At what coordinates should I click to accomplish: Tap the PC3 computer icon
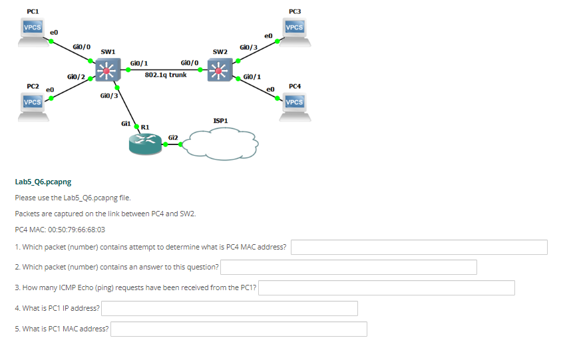pos(294,32)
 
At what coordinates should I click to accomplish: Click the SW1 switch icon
pos(106,69)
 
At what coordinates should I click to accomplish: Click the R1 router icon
pos(144,142)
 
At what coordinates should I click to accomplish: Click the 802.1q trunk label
pos(166,75)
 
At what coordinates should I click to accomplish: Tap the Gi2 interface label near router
pos(173,136)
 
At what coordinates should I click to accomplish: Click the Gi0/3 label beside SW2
pos(248,47)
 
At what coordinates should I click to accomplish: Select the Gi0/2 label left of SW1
pos(76,77)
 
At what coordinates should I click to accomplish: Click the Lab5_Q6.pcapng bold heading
pos(43,181)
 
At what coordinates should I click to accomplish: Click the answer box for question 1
pos(419,248)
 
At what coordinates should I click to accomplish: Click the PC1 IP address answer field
pos(229,309)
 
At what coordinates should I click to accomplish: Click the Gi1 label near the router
pos(126,123)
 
